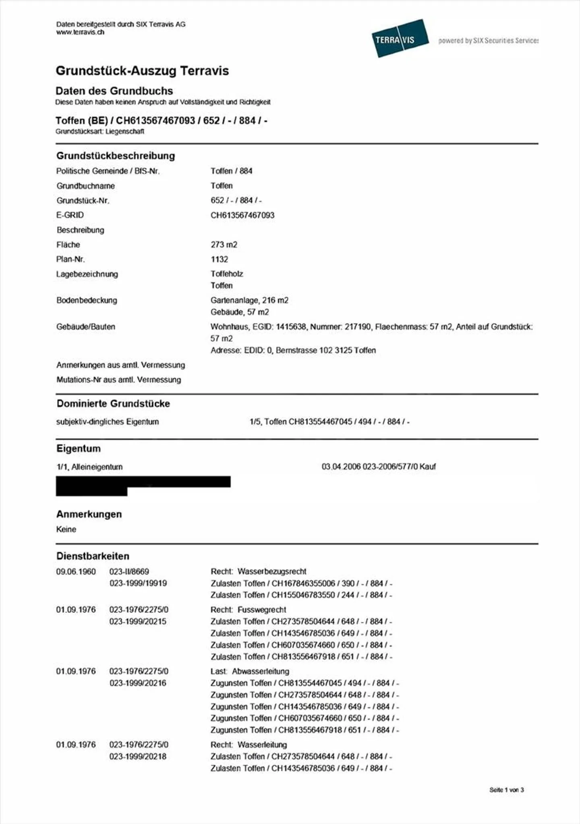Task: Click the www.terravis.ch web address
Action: pos(80,32)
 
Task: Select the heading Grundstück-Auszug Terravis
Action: pos(142,71)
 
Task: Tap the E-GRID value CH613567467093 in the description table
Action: pos(242,215)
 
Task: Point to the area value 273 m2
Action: pos(224,245)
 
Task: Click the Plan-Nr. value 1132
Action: pos(219,259)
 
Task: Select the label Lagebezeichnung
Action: pos(87,274)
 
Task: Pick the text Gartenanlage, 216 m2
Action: pos(249,300)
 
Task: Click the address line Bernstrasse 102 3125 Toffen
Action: pos(325,350)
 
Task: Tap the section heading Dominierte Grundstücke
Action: pos(113,404)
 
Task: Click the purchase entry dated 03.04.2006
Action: pos(378,467)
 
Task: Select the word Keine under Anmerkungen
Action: pos(66,529)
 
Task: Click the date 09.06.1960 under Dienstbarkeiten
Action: pos(76,572)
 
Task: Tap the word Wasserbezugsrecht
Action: pos(272,571)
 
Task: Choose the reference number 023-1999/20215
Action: pos(138,621)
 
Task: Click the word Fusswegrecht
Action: pos(262,610)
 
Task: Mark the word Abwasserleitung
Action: pos(261,671)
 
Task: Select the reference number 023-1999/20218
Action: pos(138,756)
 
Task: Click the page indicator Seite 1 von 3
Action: pos(506,790)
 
